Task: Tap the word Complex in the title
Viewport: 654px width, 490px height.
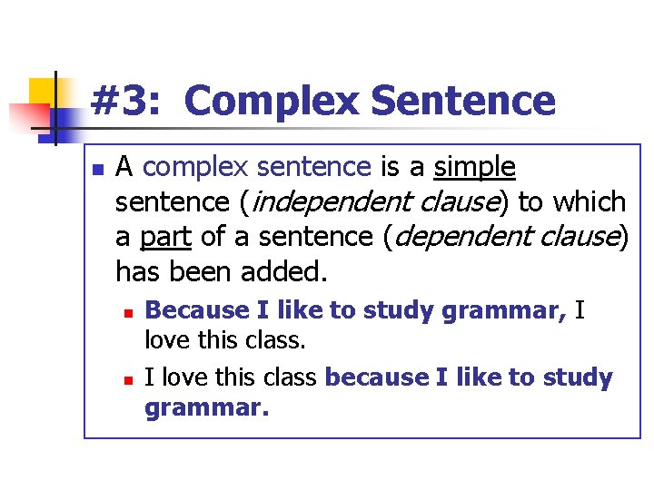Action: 271,102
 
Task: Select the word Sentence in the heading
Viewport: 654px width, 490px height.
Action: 462,101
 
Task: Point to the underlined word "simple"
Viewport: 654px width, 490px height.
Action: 475,168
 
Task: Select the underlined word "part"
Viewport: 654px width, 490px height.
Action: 165,237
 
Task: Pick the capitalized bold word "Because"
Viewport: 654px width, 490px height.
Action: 197,310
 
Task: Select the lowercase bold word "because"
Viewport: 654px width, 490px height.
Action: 376,377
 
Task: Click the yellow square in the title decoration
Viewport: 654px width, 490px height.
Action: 42,91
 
